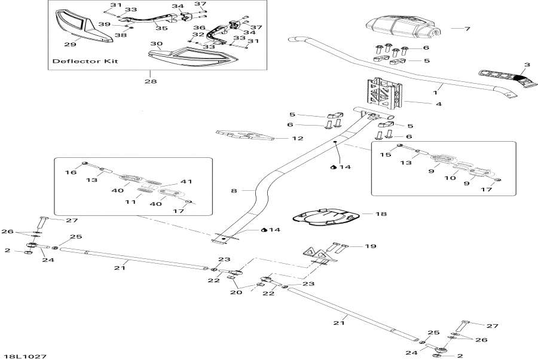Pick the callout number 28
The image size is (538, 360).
150,81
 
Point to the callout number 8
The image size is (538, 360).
234,191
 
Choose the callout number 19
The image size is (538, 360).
371,245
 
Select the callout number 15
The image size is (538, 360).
386,154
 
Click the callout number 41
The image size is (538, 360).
187,181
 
